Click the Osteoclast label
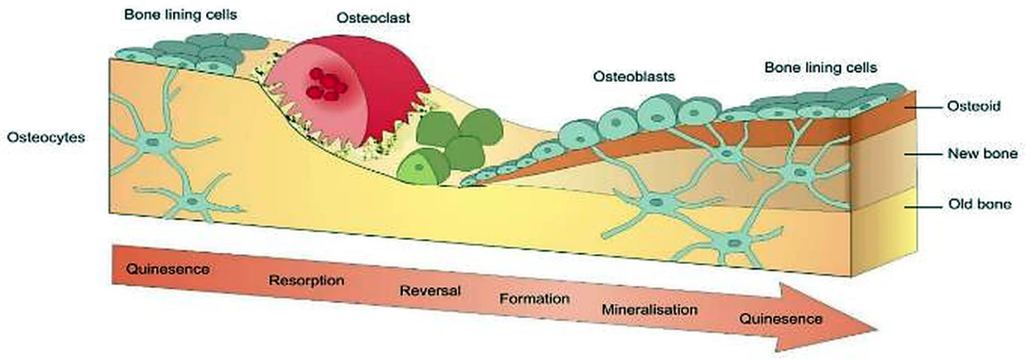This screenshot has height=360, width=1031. [373, 18]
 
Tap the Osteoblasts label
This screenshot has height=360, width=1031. [634, 76]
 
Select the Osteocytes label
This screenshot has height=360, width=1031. [46, 137]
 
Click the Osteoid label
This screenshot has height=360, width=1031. [973, 106]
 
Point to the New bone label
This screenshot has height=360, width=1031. [982, 154]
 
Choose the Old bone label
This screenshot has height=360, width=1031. [980, 204]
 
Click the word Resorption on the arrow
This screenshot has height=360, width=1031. [307, 280]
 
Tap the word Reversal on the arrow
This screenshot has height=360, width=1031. [430, 291]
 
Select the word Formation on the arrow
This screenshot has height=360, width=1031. [534, 299]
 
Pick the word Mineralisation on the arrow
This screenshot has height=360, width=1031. [650, 309]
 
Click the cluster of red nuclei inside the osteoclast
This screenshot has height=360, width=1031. [327, 85]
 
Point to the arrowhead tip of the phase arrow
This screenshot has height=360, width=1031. [876, 330]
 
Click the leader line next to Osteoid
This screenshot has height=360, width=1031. [923, 108]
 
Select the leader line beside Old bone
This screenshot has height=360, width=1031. [923, 207]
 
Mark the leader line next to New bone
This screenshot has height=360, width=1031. [923, 154]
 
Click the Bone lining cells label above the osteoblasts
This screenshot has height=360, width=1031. [821, 67]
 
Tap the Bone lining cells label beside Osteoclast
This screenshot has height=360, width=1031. [180, 14]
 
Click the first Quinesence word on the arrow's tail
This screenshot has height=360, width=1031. [168, 269]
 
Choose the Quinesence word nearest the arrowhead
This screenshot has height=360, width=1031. [781, 319]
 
